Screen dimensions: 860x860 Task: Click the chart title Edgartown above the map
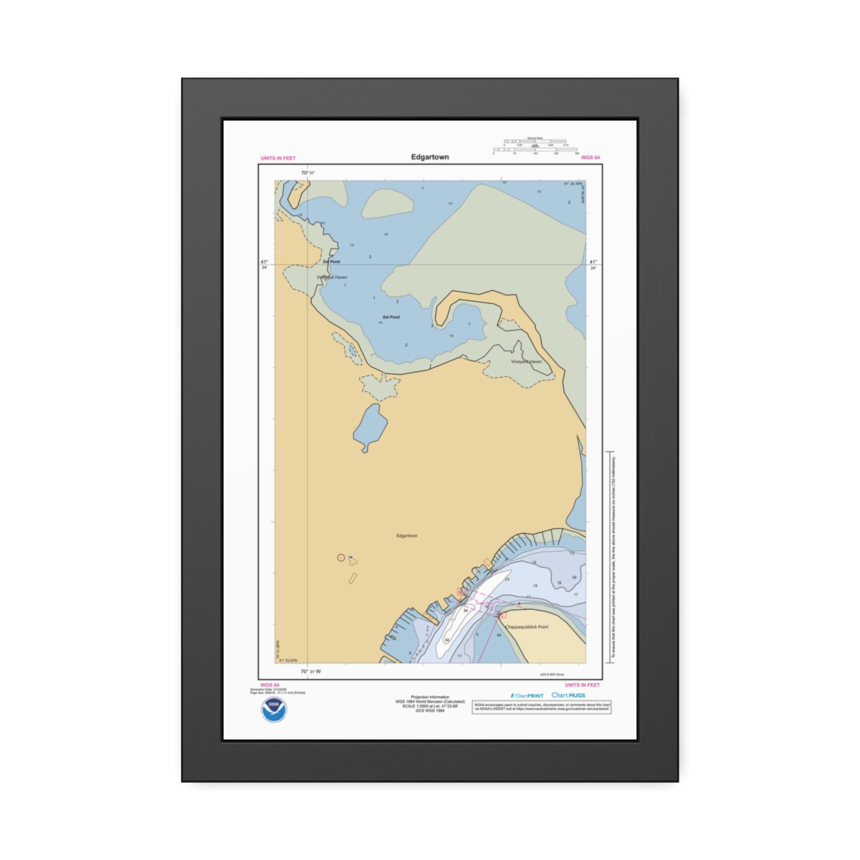(430, 157)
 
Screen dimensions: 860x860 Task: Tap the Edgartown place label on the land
(406, 535)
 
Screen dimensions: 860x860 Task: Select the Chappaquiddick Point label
(527, 627)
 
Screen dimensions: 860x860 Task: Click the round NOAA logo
(273, 709)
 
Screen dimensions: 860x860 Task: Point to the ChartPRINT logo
(527, 695)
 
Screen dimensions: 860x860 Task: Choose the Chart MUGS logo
(568, 695)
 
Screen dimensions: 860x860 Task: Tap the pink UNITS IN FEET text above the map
(278, 158)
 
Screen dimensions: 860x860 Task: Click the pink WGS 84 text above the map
(591, 158)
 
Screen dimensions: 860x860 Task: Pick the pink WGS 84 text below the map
(270, 685)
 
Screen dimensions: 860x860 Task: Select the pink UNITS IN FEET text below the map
(582, 685)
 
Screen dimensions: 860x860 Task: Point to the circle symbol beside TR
(341, 558)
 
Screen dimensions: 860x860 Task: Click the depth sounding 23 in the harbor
(507, 579)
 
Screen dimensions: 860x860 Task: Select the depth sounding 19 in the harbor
(535, 586)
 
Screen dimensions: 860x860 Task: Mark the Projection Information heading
(430, 697)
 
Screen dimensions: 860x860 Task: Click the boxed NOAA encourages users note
(542, 707)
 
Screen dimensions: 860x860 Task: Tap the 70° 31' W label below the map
(310, 672)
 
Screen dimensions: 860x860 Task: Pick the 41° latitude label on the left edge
(264, 262)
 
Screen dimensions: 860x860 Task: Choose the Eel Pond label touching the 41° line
(331, 262)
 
